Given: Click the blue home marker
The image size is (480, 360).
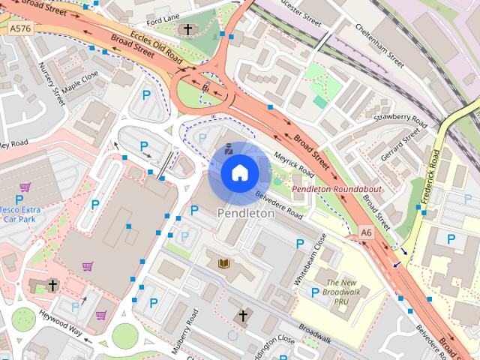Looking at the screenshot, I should pyautogui.click(x=239, y=172).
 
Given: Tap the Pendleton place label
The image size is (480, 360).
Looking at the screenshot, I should pyautogui.click(x=245, y=213).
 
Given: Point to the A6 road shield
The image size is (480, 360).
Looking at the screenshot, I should pyautogui.click(x=365, y=234).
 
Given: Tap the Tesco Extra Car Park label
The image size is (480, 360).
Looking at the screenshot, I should pyautogui.click(x=19, y=215).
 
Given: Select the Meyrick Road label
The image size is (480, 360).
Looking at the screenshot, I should pyautogui.click(x=293, y=160).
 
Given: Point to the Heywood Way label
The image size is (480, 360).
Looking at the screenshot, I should pyautogui.click(x=61, y=325).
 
